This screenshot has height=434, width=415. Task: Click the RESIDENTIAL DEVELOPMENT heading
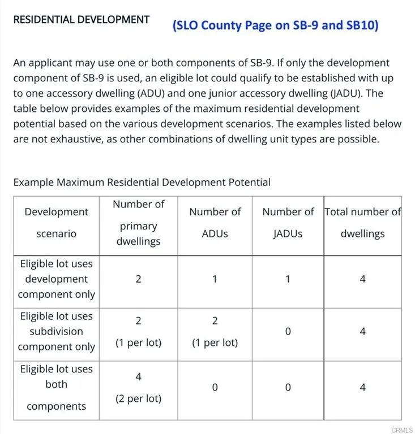81,20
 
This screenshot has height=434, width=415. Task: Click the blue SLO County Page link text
276,25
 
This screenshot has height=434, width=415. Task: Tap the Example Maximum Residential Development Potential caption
142,182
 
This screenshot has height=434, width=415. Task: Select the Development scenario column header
56,223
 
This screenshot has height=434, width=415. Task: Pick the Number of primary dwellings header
138,223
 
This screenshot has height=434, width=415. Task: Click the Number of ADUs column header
215,223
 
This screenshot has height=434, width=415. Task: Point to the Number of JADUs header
288,223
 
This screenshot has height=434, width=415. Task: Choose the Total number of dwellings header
362,223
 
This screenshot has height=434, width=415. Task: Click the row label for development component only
56,279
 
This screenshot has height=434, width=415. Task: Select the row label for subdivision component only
56,332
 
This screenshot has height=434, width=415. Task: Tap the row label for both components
56,388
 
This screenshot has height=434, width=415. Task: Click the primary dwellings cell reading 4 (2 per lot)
138,388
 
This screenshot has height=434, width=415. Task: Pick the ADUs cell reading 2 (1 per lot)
215,332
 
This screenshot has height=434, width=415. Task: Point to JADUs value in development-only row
288,279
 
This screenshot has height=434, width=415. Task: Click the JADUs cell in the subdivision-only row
288,332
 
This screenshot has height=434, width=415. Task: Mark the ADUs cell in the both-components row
215,388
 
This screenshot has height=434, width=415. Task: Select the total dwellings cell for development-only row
362,279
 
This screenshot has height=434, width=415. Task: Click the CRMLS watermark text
401,429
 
